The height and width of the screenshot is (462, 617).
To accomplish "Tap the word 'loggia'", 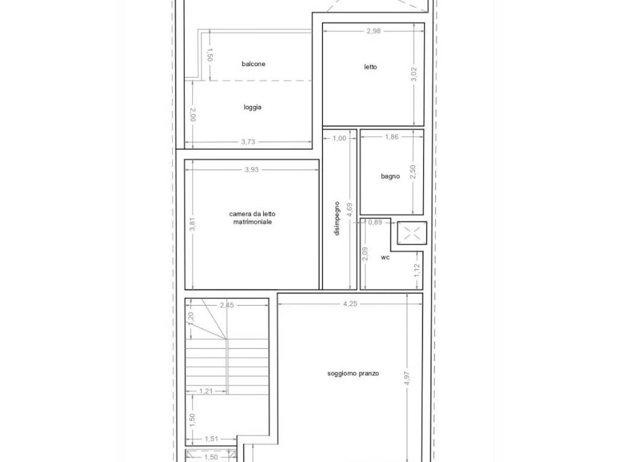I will (252, 108).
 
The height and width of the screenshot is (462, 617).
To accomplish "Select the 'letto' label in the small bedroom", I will (371, 67).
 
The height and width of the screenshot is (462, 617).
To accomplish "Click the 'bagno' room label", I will (390, 176).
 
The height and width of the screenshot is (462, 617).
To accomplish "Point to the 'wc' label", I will (385, 257).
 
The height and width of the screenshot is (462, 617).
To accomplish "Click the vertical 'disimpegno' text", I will (337, 218).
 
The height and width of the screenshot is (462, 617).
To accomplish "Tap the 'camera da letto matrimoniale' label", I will (253, 218).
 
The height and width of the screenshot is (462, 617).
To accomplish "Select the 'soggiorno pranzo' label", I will (353, 374).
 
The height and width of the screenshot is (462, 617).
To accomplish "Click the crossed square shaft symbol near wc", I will (412, 233).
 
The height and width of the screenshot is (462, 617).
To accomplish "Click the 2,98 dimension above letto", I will (374, 31).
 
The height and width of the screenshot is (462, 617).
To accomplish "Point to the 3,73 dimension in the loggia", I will (248, 142).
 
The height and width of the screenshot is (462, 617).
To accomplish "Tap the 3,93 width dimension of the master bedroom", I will (251, 170).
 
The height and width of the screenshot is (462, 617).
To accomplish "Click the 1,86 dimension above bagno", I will (392, 137).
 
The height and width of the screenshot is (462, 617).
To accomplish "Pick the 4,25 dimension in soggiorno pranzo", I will (350, 304).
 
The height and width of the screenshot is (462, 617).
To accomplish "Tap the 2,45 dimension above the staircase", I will (227, 306).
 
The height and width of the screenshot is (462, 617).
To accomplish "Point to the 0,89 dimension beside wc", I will (375, 222).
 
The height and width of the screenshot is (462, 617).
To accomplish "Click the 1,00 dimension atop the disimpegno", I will (339, 138).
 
